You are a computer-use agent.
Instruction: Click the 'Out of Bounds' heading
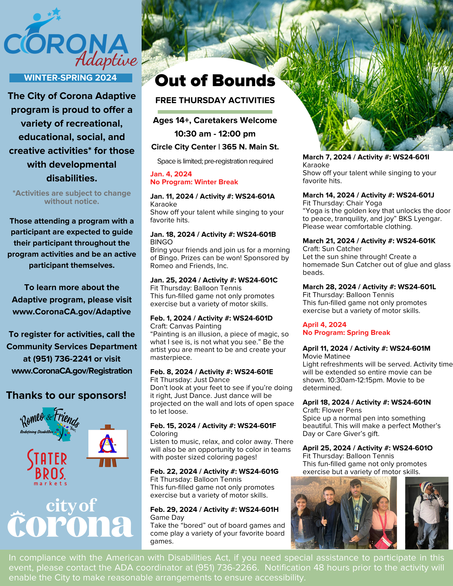pyautogui.click(x=215, y=81)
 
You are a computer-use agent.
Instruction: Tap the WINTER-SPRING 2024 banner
pyautogui.click(x=71, y=78)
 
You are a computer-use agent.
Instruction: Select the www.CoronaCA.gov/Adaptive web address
pyautogui.click(x=72, y=311)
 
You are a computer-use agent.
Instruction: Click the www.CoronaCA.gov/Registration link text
pyautogui.click(x=72, y=371)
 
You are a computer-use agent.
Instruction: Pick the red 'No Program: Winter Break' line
pyautogui.click(x=194, y=182)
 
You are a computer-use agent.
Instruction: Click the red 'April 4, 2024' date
pyautogui.click(x=324, y=325)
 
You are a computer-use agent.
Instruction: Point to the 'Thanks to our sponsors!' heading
pyautogui.click(x=66, y=395)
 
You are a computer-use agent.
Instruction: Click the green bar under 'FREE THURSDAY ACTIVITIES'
pyautogui.click(x=215, y=112)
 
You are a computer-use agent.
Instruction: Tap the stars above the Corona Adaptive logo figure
pyautogui.click(x=55, y=14)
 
